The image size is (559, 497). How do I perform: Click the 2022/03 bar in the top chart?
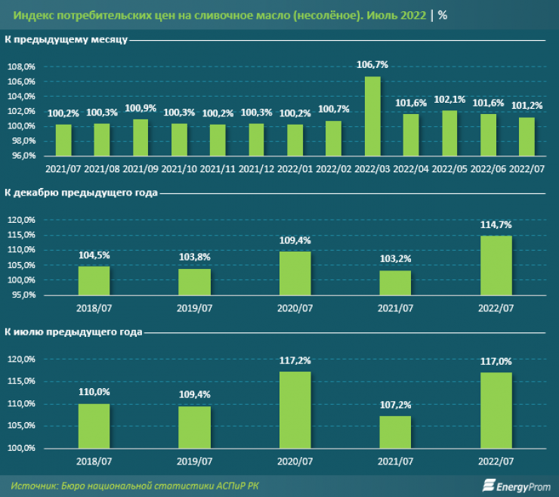coord(372,116)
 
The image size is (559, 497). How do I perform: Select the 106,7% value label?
coord(372,66)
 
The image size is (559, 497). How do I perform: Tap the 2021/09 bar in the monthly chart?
coord(140,137)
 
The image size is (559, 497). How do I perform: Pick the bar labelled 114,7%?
coord(496,265)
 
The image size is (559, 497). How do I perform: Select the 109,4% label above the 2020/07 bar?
coord(295,240)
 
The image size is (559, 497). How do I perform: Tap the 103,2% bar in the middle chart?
coord(395,282)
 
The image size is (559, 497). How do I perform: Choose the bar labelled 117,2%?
coord(295,409)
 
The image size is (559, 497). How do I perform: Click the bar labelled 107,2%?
coord(395,432)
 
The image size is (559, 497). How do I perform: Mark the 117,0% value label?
coord(496,362)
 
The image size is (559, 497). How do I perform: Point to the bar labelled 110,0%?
coord(94,426)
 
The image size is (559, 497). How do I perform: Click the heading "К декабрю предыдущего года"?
coord(81,193)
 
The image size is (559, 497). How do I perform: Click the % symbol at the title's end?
coord(443,14)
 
